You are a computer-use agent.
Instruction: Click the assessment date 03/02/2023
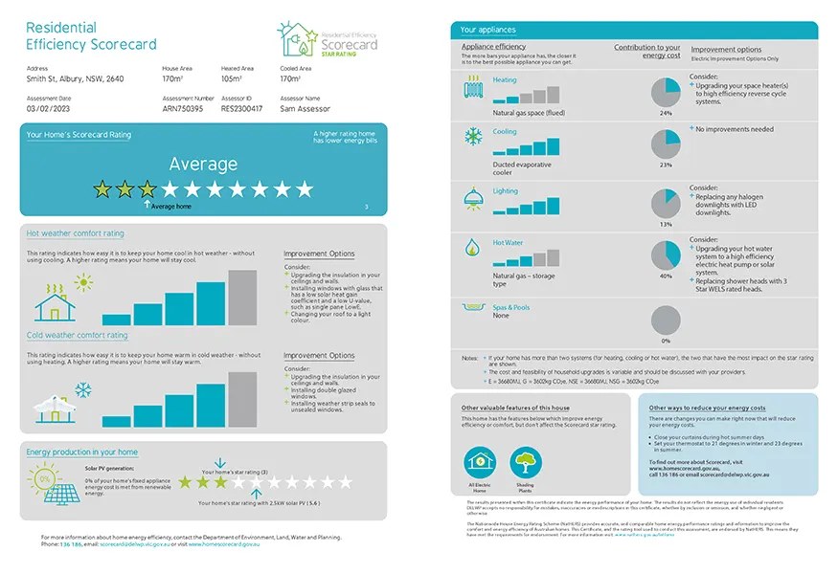(51, 109)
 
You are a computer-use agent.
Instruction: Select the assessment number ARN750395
(183, 109)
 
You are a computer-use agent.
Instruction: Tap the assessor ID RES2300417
(242, 109)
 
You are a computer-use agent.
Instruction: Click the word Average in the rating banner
(203, 165)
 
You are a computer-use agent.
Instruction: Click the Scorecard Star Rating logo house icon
(292, 39)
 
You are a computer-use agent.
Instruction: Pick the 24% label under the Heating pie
(666, 113)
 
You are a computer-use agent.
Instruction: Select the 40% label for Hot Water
(666, 276)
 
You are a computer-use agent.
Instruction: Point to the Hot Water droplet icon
(472, 249)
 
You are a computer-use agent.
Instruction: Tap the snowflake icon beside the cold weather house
(83, 390)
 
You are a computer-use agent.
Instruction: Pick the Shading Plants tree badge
(524, 464)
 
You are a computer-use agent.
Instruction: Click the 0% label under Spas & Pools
(666, 341)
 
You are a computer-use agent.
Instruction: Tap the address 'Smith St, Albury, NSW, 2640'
(76, 80)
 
